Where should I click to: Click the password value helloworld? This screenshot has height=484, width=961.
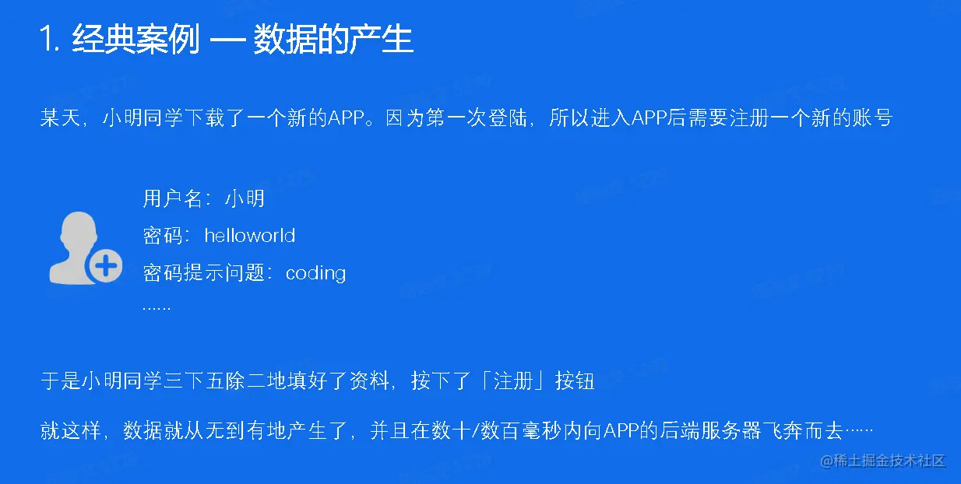250,235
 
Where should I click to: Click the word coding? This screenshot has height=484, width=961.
315,273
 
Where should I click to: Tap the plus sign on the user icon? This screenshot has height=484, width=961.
106,266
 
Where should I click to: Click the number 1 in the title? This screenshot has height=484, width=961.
45,39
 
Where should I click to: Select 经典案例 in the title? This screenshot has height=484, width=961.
136,39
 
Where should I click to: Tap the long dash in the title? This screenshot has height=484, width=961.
227,40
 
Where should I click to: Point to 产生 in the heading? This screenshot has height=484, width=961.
382,39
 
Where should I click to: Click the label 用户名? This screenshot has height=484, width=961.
172,198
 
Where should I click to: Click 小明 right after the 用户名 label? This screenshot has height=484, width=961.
245,198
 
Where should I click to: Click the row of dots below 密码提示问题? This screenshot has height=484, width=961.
157,308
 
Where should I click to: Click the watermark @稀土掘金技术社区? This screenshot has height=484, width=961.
883,461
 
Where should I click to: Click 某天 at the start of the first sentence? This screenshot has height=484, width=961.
60,117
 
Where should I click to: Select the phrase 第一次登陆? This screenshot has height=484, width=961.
476,117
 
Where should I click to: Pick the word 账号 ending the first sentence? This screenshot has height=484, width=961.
873,117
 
